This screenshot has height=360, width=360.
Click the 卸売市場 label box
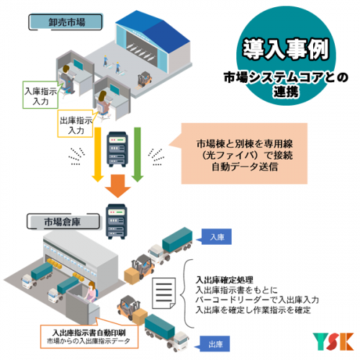pos(66,22)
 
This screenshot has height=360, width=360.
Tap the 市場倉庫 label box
pos(63,221)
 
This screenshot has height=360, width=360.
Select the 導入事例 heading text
pos(285,49)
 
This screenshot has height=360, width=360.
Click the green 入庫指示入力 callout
pos(40,95)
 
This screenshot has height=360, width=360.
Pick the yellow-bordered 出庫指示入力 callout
pos(76,124)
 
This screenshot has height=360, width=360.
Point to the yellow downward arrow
pos(98,155)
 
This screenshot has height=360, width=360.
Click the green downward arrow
pos(138,155)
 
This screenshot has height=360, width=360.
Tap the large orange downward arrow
pos(117,186)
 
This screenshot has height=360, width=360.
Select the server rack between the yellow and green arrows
pos(117,149)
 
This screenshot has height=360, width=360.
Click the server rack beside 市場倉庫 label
pos(117,221)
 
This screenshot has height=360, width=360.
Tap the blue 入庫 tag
pos(216,237)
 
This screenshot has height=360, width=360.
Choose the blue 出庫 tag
pos(215,344)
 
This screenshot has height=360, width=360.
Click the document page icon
pos(164,293)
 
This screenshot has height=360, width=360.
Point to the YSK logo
pos(333,341)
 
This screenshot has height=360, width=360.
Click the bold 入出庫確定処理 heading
pos(225,280)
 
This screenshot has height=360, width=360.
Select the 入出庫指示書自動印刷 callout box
pos(89,336)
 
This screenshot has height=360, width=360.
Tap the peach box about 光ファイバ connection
pos(244,153)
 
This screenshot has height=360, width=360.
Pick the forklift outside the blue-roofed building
pos(145,79)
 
